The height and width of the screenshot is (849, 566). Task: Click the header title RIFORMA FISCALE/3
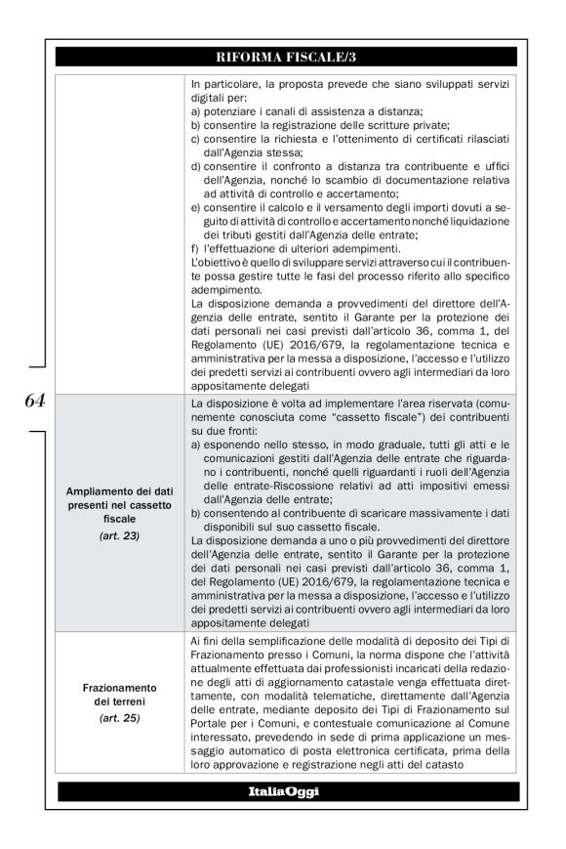287,58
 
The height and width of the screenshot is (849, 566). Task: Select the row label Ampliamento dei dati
120,494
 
